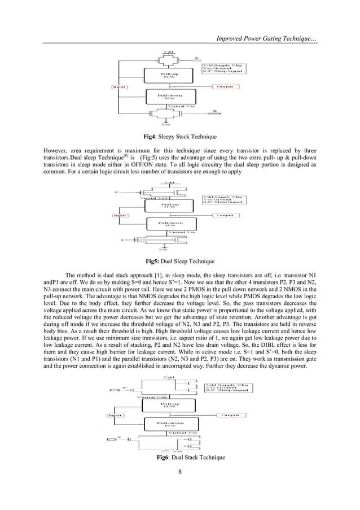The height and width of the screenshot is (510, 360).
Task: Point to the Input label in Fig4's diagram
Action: tap(118, 87)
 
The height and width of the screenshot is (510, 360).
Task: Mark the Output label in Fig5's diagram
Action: tap(226, 215)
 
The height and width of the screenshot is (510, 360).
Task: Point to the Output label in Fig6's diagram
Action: tap(228, 415)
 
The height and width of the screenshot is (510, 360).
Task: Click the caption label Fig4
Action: tap(152, 137)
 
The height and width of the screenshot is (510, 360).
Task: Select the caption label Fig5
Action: tap(153, 261)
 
